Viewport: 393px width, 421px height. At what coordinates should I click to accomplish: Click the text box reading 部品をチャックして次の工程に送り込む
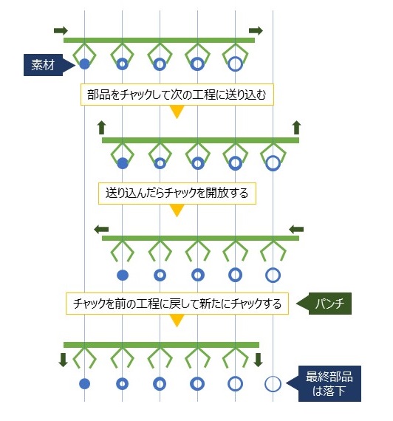pyautogui.click(x=177, y=95)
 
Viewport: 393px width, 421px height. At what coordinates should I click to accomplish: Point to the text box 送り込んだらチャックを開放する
pyautogui.click(x=177, y=194)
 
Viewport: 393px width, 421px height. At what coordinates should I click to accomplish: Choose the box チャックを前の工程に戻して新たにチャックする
pyautogui.click(x=177, y=304)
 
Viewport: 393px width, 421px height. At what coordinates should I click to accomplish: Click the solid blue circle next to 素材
pyautogui.click(x=85, y=64)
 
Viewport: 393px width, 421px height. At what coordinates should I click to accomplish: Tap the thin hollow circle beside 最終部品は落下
pyautogui.click(x=273, y=384)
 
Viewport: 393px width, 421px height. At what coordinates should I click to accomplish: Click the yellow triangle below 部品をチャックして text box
pyautogui.click(x=177, y=111)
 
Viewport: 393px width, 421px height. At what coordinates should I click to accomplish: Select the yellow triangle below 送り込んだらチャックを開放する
pyautogui.click(x=177, y=210)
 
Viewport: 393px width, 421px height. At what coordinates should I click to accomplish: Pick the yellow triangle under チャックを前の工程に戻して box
pyautogui.click(x=177, y=320)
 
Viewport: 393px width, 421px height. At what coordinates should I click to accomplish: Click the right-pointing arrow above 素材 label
pyautogui.click(x=61, y=30)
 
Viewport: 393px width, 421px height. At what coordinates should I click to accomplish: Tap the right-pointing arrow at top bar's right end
pyautogui.click(x=256, y=30)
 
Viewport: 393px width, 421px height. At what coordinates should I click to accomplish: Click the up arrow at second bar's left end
pyautogui.click(x=101, y=128)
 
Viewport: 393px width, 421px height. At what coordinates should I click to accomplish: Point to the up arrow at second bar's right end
pyautogui.click(x=296, y=128)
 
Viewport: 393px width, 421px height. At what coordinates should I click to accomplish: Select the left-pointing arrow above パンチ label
pyautogui.click(x=296, y=229)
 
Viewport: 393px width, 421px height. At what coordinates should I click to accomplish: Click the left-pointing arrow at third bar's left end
pyautogui.click(x=101, y=229)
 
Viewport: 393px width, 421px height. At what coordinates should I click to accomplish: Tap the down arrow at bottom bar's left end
pyautogui.click(x=63, y=360)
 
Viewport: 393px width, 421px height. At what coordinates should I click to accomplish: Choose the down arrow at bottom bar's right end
pyautogui.click(x=258, y=360)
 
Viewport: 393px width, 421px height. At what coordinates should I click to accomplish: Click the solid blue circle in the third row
pyautogui.click(x=123, y=275)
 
